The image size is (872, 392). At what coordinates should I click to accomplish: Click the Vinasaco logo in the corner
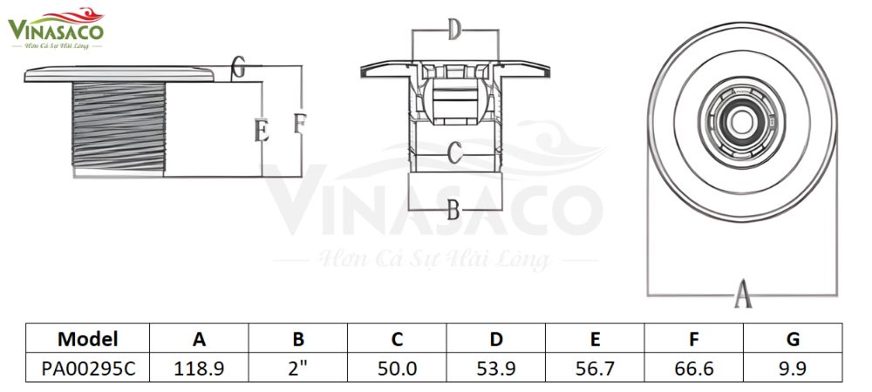(56, 27)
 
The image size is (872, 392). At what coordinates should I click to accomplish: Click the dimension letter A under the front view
(742, 294)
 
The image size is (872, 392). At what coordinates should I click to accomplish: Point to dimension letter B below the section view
(453, 209)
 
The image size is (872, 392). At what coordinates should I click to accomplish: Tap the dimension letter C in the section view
(453, 153)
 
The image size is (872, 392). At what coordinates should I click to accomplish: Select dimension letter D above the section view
(453, 31)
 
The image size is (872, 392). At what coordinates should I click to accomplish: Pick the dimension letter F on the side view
(299, 123)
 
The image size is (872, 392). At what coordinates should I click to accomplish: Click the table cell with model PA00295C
(88, 368)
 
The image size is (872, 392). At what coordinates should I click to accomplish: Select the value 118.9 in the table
(200, 368)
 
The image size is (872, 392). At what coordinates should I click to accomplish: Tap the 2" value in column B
(298, 368)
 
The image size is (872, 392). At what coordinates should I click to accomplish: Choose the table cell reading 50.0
(397, 368)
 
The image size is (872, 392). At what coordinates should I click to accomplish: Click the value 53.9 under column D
(495, 368)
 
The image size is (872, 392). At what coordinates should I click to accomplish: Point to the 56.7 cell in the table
(595, 368)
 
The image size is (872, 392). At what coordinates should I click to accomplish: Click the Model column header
(88, 339)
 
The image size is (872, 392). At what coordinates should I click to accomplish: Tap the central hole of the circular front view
(740, 121)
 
